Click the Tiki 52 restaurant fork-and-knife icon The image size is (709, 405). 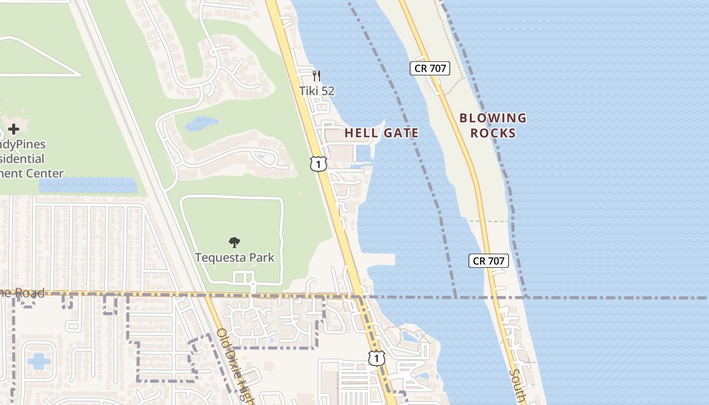317,76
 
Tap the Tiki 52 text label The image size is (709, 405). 317,91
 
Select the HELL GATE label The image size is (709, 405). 381,133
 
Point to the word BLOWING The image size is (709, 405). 493,118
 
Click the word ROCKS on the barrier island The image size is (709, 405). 493,133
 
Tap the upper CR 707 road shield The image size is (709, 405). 430,68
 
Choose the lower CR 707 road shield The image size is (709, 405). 488,261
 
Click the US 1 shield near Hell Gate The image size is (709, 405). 319,164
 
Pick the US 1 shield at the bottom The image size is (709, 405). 376,358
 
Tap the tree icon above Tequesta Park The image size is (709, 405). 234,242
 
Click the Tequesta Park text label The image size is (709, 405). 235,257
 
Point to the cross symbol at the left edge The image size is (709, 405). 14,129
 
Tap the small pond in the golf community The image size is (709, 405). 202,123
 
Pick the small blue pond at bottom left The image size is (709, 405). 38,360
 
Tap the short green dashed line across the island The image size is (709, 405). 488,221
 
